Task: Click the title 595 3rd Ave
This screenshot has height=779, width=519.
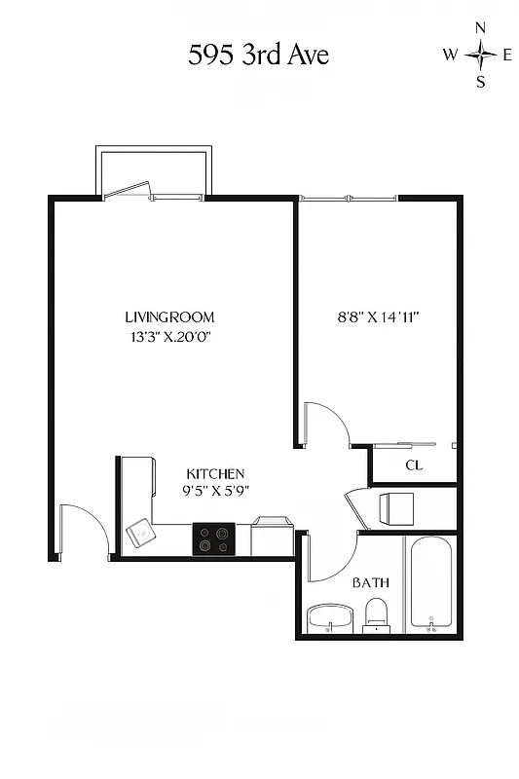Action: tap(259, 56)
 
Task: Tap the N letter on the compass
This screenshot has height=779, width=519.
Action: tap(480, 28)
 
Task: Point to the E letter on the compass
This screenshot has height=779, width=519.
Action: tap(506, 56)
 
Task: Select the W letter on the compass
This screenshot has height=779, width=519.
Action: tap(450, 56)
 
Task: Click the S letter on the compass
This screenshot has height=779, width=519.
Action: tap(480, 82)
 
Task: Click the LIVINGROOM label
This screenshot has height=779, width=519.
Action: tap(169, 317)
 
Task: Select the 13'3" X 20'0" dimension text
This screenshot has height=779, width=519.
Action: tap(169, 338)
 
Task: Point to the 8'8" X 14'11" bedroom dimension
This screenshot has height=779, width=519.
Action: tap(378, 317)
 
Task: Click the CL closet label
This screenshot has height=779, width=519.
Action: tap(414, 465)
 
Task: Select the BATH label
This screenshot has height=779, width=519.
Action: tap(371, 582)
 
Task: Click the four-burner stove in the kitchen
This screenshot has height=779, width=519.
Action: tap(214, 538)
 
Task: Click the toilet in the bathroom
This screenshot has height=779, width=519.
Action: tap(376, 614)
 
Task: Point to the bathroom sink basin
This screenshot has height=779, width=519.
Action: tap(330, 617)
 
